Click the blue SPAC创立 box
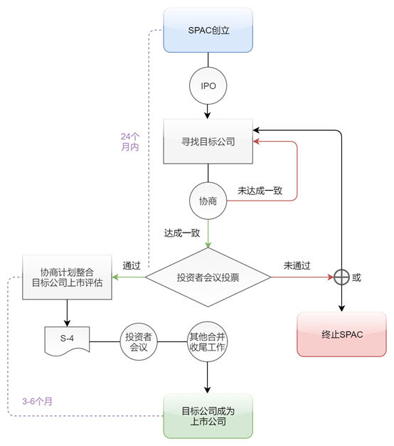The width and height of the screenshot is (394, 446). tap(208, 30)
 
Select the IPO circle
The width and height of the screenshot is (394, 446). tap(208, 85)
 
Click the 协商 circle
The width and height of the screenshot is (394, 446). tap(208, 201)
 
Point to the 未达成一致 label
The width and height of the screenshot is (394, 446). tap(260, 191)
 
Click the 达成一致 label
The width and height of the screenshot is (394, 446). tap(182, 233)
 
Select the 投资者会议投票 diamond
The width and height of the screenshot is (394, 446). tap(208, 277)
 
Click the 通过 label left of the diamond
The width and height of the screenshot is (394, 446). tap(132, 265)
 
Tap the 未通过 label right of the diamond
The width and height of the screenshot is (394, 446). tap(297, 265)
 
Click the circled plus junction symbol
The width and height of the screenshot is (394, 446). tap(342, 277)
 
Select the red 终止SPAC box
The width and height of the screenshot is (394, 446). tap(341, 334)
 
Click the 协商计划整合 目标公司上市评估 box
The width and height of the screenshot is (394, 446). tap(67, 276)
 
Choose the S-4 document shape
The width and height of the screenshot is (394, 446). tap(67, 339)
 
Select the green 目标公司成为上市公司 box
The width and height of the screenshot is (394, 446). tap(208, 416)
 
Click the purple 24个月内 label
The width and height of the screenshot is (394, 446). tap(130, 141)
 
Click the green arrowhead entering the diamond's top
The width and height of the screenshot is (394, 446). tap(208, 245)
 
